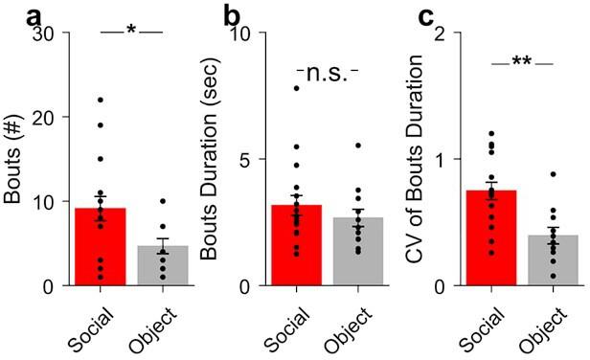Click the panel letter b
coord(233,14)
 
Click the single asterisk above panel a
coord(131,31)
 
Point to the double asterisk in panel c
coord(523,62)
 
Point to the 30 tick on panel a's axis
coord(44,34)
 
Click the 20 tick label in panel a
coord(44,117)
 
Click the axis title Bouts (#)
coord(14,158)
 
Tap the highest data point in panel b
coord(296,88)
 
